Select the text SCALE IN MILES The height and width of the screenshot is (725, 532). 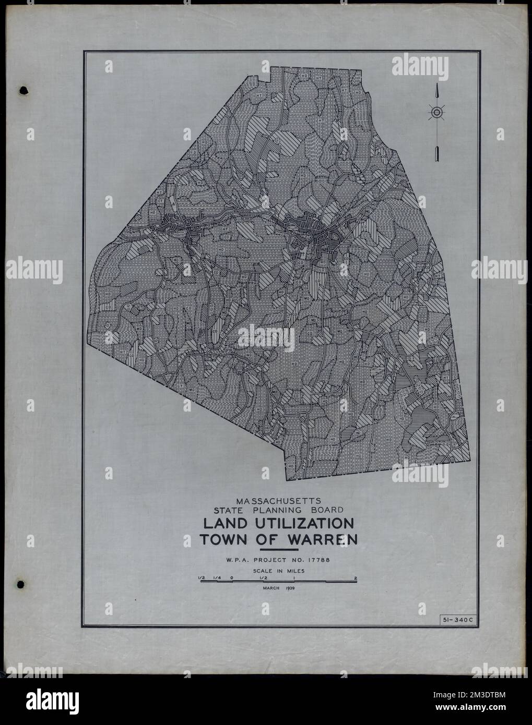pyautogui.click(x=278, y=571)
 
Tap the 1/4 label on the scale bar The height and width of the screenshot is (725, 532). pyautogui.click(x=216, y=577)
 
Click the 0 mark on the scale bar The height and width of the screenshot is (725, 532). pyautogui.click(x=231, y=577)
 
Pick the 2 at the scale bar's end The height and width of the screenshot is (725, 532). pyautogui.click(x=356, y=577)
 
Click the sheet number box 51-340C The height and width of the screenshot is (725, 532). pyautogui.click(x=454, y=620)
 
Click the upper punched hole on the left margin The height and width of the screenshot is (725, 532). pyautogui.click(x=23, y=91)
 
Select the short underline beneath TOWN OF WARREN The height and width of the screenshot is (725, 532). pyautogui.click(x=278, y=550)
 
